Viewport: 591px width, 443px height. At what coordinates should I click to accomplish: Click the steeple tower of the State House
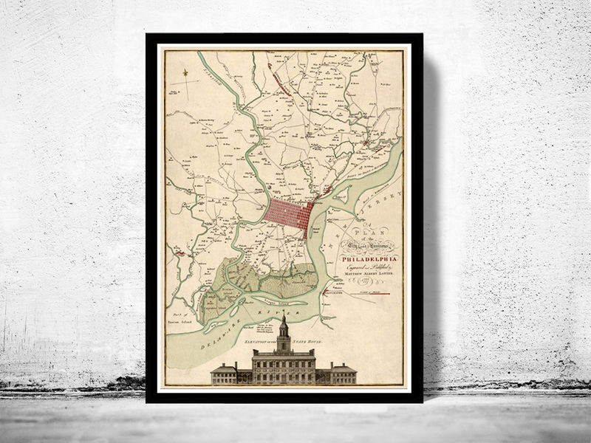pos(283,334)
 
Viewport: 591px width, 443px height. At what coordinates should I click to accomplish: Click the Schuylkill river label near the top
pos(222,72)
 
